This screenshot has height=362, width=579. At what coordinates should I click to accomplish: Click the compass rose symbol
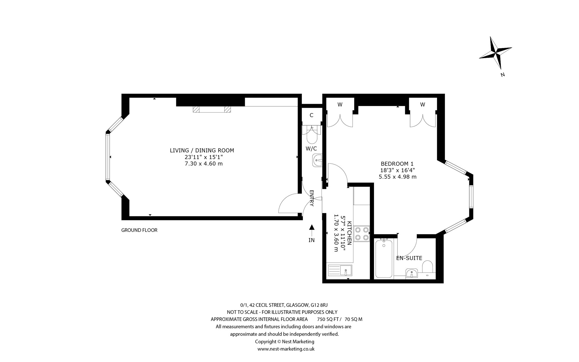tap(496, 53)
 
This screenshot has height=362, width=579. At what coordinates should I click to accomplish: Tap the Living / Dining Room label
tap(202, 150)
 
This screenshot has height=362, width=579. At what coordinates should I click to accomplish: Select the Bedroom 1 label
tap(397, 163)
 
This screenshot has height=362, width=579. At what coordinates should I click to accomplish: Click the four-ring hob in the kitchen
tap(362, 234)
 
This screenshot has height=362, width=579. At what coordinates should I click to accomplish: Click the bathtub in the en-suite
tap(384, 258)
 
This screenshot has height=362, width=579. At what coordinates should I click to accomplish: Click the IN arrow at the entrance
tap(311, 230)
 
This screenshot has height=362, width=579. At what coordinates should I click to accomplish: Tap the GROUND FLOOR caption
tap(139, 230)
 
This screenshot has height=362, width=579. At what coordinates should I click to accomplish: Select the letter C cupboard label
tap(312, 115)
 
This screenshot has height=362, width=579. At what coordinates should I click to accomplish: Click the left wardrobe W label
tap(340, 105)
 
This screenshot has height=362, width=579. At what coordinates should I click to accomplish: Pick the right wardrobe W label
tap(422, 105)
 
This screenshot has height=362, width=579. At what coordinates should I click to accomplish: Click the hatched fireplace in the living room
tap(212, 109)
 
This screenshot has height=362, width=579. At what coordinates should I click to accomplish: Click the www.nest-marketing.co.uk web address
tap(286, 349)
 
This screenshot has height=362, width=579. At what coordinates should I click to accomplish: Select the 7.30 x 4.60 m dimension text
tap(202, 163)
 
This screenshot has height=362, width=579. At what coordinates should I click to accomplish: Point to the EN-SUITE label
tap(409, 258)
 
